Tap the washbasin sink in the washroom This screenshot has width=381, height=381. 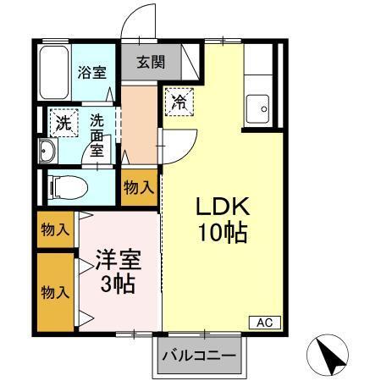(x=47, y=152)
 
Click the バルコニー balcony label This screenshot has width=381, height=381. (x=198, y=355)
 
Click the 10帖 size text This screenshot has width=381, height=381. (x=223, y=232)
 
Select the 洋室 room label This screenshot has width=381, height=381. (x=117, y=257)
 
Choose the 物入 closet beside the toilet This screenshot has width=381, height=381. (x=138, y=187)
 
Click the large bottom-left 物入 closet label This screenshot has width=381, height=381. (x=53, y=292)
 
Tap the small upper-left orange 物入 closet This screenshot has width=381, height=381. (x=53, y=229)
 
